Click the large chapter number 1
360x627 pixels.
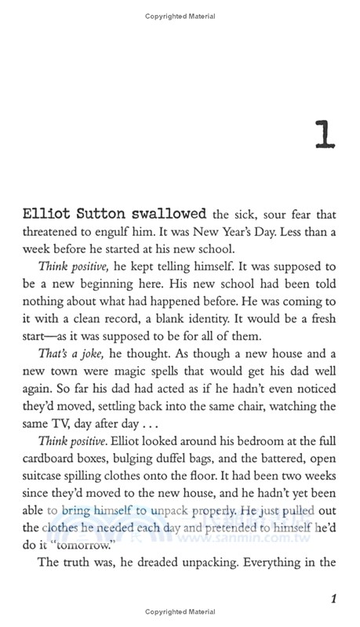tap(323, 134)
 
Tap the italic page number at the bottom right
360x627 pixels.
tap(333, 600)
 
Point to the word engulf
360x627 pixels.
tap(158, 232)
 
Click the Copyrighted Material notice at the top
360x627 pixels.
tap(180, 16)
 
